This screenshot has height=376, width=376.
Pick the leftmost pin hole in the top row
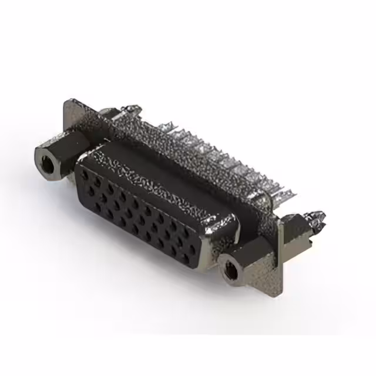(94, 172)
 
